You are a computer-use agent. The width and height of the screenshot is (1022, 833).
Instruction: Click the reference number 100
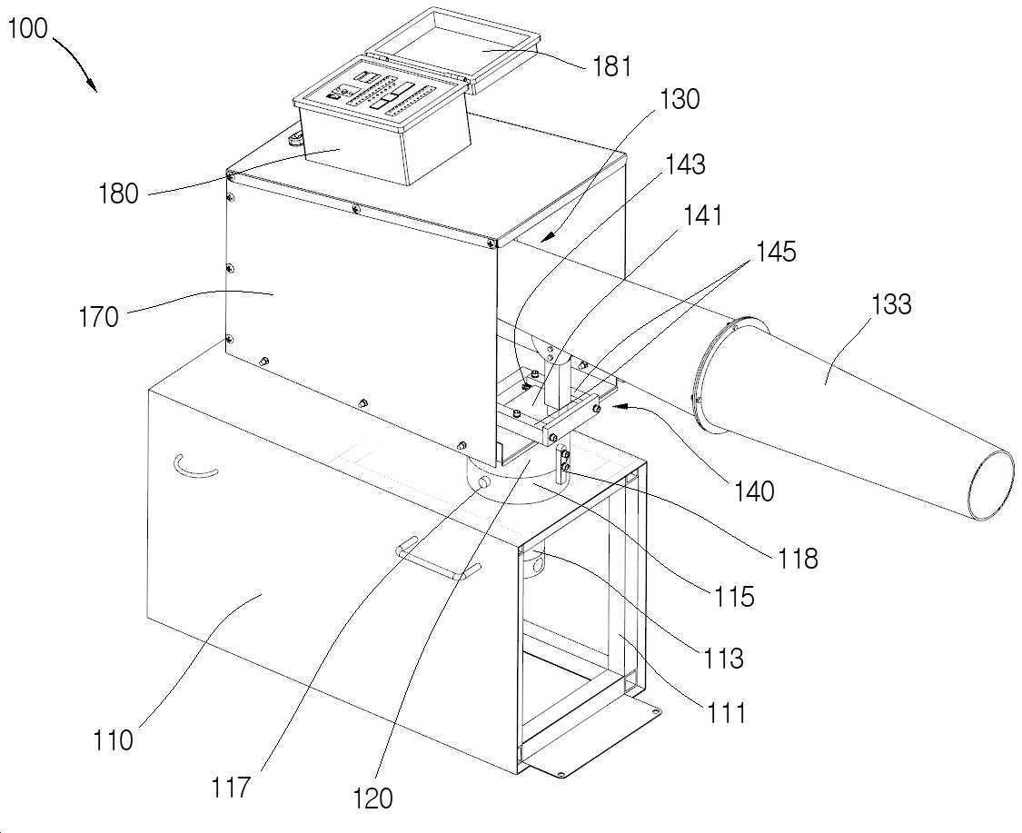(27, 29)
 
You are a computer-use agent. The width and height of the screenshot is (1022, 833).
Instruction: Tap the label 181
(612, 66)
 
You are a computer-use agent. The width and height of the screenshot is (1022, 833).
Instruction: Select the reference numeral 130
(680, 100)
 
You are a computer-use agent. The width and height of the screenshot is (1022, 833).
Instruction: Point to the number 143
(684, 165)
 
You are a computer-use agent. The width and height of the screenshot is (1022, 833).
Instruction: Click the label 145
(776, 251)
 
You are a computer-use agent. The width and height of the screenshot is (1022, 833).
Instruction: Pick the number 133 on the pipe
(890, 303)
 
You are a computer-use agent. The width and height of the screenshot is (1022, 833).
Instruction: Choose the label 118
(797, 559)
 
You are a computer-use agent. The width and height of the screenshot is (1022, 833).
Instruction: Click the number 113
(723, 659)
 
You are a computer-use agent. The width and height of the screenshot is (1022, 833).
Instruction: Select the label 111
(726, 712)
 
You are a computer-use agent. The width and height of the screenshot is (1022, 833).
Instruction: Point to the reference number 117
(230, 788)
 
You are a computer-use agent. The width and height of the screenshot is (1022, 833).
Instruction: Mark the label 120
(372, 798)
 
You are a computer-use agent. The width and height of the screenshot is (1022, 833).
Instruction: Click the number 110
(114, 740)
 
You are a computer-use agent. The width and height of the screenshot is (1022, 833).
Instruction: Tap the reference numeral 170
(98, 317)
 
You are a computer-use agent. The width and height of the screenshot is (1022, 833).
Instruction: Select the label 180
(118, 193)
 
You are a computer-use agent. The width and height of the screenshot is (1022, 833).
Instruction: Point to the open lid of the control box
(453, 47)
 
